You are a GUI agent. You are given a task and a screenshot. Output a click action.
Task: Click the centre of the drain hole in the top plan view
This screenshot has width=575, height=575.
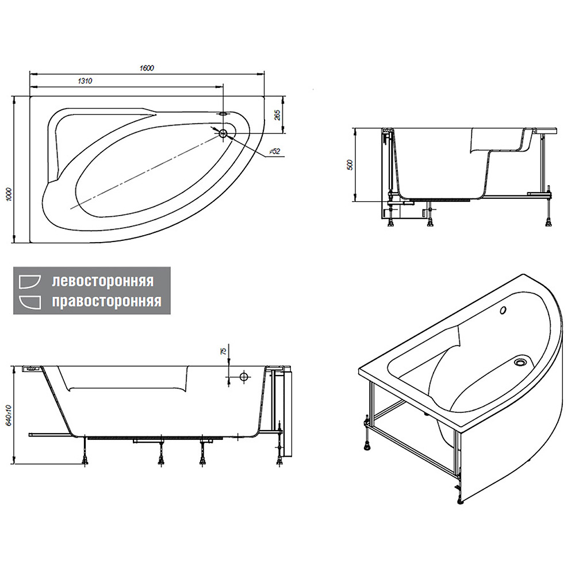(x=223, y=133)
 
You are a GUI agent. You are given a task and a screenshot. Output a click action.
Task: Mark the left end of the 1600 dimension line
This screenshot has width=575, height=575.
(x=29, y=74)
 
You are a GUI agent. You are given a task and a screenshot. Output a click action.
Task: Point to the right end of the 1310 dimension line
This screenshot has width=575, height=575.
(x=223, y=87)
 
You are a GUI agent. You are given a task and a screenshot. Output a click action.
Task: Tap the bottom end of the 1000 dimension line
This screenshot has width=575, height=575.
(x=14, y=243)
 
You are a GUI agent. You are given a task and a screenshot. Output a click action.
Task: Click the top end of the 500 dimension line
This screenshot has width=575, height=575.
(x=355, y=128)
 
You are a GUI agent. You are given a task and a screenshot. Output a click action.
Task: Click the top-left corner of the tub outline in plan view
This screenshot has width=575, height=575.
(x=30, y=97)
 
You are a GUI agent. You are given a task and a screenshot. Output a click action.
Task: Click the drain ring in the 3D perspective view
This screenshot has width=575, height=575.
(x=520, y=362)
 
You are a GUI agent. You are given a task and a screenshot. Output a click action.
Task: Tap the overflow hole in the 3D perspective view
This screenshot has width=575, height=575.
(x=503, y=310)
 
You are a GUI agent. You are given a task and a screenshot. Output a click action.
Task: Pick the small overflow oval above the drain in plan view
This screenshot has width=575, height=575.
(x=223, y=114)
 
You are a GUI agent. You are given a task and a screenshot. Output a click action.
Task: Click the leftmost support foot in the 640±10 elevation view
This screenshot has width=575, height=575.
(x=86, y=460)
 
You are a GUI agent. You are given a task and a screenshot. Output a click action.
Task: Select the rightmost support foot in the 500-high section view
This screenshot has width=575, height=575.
(x=549, y=221)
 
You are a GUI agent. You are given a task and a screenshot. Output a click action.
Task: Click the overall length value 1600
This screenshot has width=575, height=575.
(x=147, y=68)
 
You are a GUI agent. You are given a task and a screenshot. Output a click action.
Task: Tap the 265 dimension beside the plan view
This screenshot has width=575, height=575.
(x=277, y=115)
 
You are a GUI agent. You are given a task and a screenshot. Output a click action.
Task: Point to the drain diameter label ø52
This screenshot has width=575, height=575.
(x=275, y=151)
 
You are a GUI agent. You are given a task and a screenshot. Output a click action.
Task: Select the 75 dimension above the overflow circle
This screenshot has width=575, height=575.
(x=222, y=352)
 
